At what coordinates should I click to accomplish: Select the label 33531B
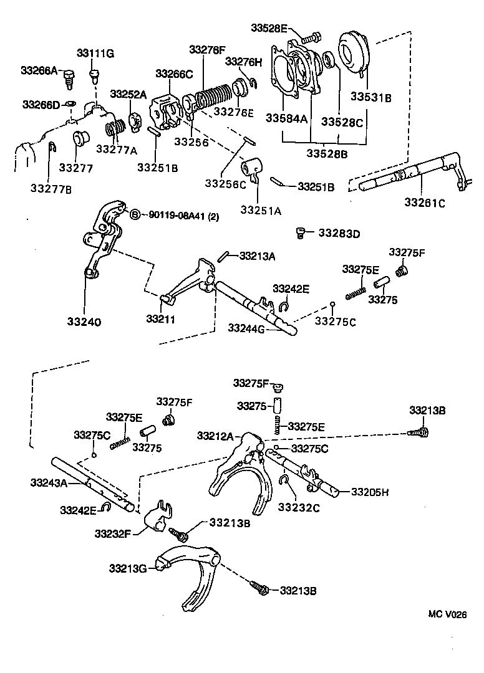pos(370,97)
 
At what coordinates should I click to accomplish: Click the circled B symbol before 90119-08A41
pos(134,214)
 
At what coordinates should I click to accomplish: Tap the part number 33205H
pos(369,492)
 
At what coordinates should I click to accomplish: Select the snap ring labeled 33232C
pos(284,480)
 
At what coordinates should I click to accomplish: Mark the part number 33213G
pos(128,568)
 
